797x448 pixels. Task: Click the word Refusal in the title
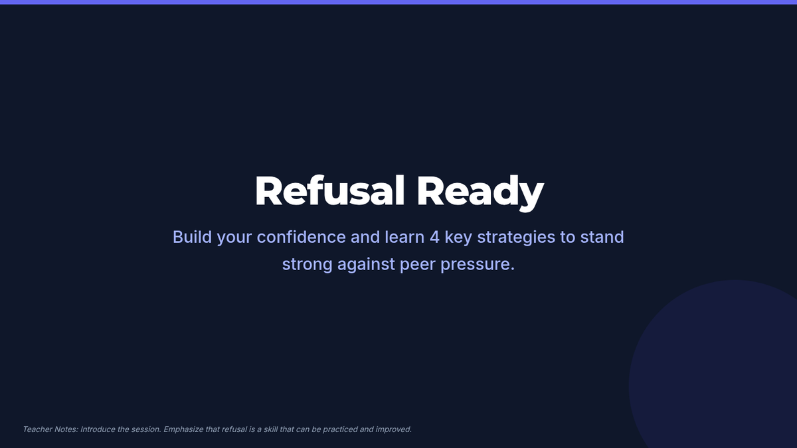(x=330, y=190)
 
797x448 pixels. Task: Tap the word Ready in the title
(x=480, y=192)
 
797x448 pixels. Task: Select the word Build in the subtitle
(x=192, y=237)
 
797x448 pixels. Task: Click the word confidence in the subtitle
(x=301, y=237)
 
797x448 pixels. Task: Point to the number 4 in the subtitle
(x=434, y=237)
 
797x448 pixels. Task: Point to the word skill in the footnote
(x=270, y=429)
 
